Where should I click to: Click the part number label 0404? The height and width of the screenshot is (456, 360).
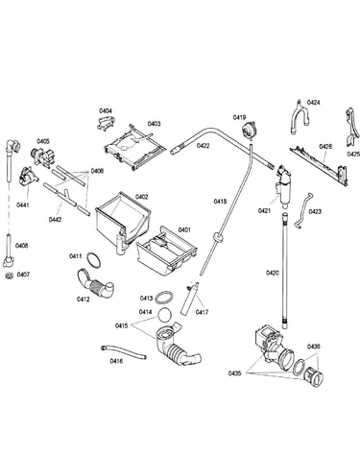tap(106, 111)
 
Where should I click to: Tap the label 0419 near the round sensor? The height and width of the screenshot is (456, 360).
tap(239, 117)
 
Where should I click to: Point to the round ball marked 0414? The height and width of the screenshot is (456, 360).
tap(165, 316)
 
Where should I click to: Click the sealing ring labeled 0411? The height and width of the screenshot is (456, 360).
tap(93, 259)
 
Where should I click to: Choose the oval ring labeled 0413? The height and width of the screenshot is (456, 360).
tap(164, 298)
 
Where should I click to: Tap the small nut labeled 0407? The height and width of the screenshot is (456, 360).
tap(10, 276)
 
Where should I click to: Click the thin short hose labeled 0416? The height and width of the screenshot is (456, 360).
tap(124, 352)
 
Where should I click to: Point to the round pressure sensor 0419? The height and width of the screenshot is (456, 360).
tap(248, 131)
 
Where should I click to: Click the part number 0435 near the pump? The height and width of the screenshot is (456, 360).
tap(234, 373)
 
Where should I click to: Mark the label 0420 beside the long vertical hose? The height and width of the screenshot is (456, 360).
tap(273, 273)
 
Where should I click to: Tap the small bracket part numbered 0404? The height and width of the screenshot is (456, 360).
tap(106, 123)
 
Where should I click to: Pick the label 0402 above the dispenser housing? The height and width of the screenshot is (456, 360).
tap(142, 197)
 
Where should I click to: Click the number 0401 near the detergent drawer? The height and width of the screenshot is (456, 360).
tap(184, 229)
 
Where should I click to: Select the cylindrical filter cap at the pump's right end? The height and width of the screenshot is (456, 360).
tap(313, 376)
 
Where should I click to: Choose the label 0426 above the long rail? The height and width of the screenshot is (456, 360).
tap(325, 147)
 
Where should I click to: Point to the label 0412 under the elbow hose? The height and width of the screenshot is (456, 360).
tap(83, 300)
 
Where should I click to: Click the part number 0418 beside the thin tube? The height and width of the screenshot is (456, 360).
tap(220, 202)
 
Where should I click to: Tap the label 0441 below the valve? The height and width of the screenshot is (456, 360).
tap(22, 204)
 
